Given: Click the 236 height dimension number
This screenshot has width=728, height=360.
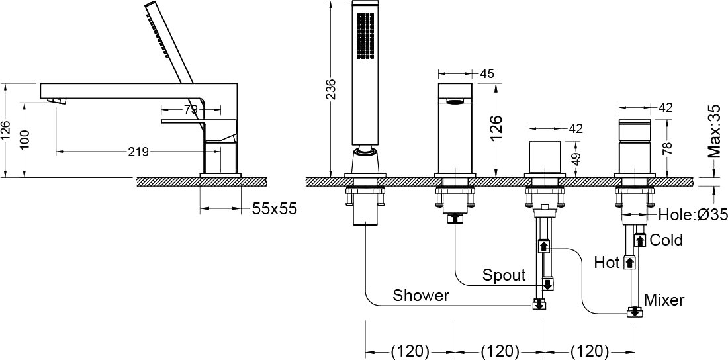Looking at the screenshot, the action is [330, 89].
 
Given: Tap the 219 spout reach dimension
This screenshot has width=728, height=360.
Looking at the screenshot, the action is [138, 152].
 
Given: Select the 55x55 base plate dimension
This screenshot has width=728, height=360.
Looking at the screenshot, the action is [275, 209].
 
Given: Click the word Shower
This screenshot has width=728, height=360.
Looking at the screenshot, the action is [421, 295].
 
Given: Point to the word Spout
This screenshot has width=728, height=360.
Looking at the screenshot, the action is [504, 275].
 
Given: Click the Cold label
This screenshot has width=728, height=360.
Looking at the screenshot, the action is [666, 240].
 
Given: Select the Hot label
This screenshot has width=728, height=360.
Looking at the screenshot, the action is [607, 263].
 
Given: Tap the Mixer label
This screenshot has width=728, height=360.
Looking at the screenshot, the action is [664, 300].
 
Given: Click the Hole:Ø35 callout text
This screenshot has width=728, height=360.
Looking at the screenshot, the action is [693, 214].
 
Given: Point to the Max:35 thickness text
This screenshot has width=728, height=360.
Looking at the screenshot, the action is [715, 132].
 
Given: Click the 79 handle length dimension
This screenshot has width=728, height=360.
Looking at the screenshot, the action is [191, 110].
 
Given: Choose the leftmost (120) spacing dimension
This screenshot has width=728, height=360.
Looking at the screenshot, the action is [410, 351].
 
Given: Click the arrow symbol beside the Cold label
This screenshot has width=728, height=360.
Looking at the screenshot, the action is [640, 240].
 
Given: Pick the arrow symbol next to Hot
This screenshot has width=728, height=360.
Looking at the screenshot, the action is [629, 263].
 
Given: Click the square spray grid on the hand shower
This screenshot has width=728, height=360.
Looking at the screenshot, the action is [365, 36].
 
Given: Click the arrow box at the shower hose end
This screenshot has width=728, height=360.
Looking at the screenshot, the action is [539, 305].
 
